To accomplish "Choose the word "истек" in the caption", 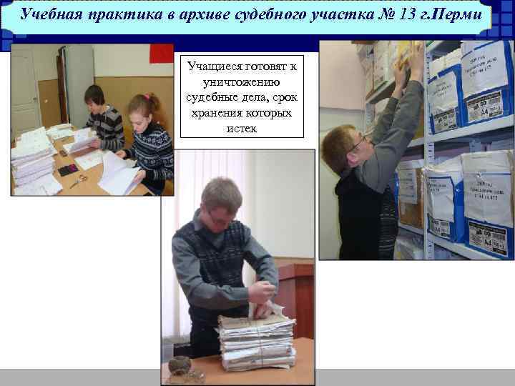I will pyautogui.click(x=243, y=129).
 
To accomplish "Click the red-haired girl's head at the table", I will pyautogui.click(x=143, y=107).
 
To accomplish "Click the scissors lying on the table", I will pyautogui.click(x=78, y=179).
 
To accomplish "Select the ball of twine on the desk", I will pyautogui.click(x=180, y=365).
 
